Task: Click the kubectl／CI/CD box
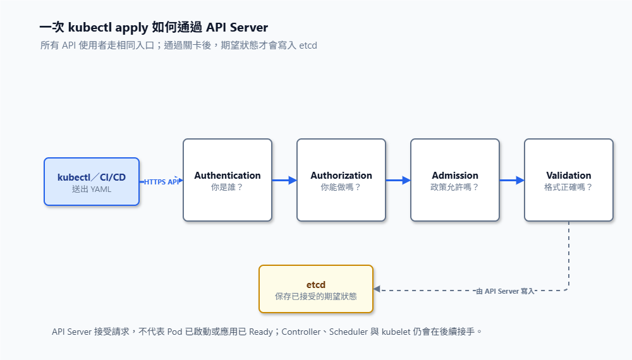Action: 92,182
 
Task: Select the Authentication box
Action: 228,180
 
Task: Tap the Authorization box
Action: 341,180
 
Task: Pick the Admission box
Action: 454,180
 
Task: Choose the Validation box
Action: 568,180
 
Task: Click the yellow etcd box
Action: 316,289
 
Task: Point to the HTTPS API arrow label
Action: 161,182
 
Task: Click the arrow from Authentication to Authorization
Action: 284,181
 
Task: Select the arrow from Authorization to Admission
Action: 398,181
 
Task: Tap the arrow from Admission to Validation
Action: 511,181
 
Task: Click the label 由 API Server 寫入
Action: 505,291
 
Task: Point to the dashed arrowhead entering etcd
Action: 377,289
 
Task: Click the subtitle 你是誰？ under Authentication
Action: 228,187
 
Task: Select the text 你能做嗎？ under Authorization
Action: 341,187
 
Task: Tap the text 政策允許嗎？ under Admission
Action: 454,187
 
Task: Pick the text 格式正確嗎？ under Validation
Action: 568,187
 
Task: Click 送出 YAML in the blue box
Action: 92,189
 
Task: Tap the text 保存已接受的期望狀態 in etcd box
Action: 316,296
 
